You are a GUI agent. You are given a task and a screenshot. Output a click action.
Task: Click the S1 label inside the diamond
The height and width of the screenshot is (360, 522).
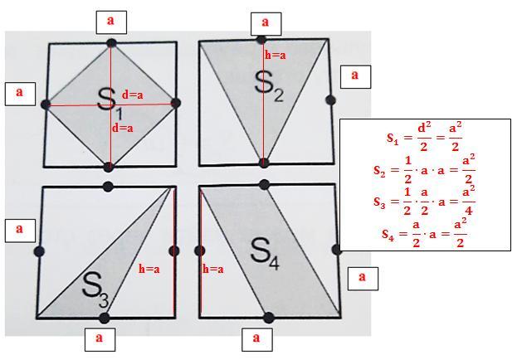tap(110, 104)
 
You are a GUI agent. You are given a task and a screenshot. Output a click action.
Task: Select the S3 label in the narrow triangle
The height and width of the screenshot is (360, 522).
tap(95, 289)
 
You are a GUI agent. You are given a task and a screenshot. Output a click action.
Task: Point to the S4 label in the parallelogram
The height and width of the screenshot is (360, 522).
tap(265, 254)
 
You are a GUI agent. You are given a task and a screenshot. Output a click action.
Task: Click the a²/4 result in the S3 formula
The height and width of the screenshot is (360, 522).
tap(468, 202)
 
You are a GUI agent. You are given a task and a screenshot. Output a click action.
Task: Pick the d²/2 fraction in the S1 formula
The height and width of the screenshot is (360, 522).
tap(423, 137)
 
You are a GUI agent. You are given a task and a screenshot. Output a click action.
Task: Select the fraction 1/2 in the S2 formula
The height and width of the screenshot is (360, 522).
tap(407, 170)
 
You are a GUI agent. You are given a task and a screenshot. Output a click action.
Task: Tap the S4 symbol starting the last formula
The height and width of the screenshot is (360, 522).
tap(388, 234)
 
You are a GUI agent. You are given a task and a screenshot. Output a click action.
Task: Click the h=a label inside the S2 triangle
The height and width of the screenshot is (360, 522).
tap(276, 55)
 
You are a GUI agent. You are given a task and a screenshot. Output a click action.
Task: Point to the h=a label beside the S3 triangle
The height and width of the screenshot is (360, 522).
tap(149, 269)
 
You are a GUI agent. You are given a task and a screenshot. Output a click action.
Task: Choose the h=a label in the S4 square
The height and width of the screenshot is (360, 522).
tap(213, 269)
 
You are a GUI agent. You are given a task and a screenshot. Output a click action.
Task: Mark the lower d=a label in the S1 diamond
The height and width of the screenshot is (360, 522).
tap(123, 128)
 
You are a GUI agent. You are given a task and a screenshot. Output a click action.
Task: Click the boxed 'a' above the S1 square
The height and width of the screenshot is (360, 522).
tap(111, 22)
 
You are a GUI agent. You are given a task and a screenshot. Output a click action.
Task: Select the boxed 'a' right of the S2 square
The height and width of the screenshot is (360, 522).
tap(355, 76)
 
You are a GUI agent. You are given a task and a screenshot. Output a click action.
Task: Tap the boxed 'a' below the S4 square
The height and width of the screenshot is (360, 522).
tap(256, 339)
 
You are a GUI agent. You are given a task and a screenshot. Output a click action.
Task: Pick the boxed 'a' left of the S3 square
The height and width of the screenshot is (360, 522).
tap(20, 231)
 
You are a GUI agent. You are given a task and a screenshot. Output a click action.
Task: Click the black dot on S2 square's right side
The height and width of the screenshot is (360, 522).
tap(330, 100)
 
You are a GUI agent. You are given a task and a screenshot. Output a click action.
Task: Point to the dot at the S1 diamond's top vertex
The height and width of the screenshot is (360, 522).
tap(111, 43)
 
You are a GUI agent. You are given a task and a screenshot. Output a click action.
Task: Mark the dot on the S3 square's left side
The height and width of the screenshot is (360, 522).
tap(39, 251)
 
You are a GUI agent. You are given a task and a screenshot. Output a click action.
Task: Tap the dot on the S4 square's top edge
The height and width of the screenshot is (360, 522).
tap(264, 184)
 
